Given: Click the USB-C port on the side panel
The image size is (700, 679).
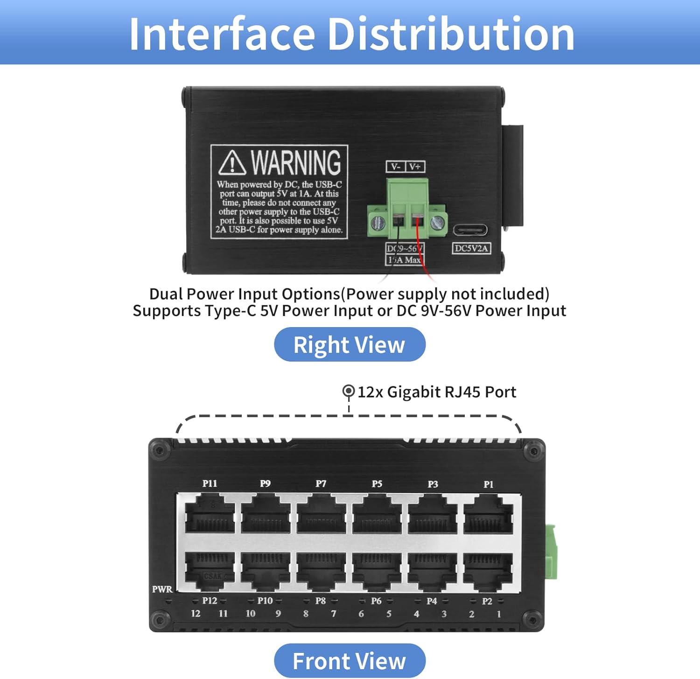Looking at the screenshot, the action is point(470,230).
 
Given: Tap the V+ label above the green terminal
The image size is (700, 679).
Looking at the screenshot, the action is point(415,167).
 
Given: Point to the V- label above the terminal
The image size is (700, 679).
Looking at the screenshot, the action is point(396,167).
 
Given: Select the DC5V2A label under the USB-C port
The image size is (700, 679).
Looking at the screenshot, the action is point(471,248).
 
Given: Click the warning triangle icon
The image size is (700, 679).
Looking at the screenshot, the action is point(232,162).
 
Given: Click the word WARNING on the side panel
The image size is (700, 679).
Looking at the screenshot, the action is point(296,162).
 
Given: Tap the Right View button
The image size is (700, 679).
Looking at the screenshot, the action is point(350,345).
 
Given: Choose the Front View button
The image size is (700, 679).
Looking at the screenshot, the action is point(350,661).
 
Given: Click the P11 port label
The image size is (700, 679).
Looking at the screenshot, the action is point(210,483).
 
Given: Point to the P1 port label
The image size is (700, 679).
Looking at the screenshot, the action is point(488,484).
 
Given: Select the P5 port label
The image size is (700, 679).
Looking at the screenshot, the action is point(377,484).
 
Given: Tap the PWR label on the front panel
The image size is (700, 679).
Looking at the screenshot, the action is point(162,589).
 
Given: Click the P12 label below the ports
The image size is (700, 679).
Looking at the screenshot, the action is point(210,601).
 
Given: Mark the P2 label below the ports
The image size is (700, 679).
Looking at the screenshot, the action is point(487,601).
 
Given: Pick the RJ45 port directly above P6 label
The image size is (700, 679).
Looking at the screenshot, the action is point(377,570).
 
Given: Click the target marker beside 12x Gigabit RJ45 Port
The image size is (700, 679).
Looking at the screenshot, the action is point(349,391).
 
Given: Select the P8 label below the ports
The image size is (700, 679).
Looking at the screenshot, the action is point(320,601).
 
